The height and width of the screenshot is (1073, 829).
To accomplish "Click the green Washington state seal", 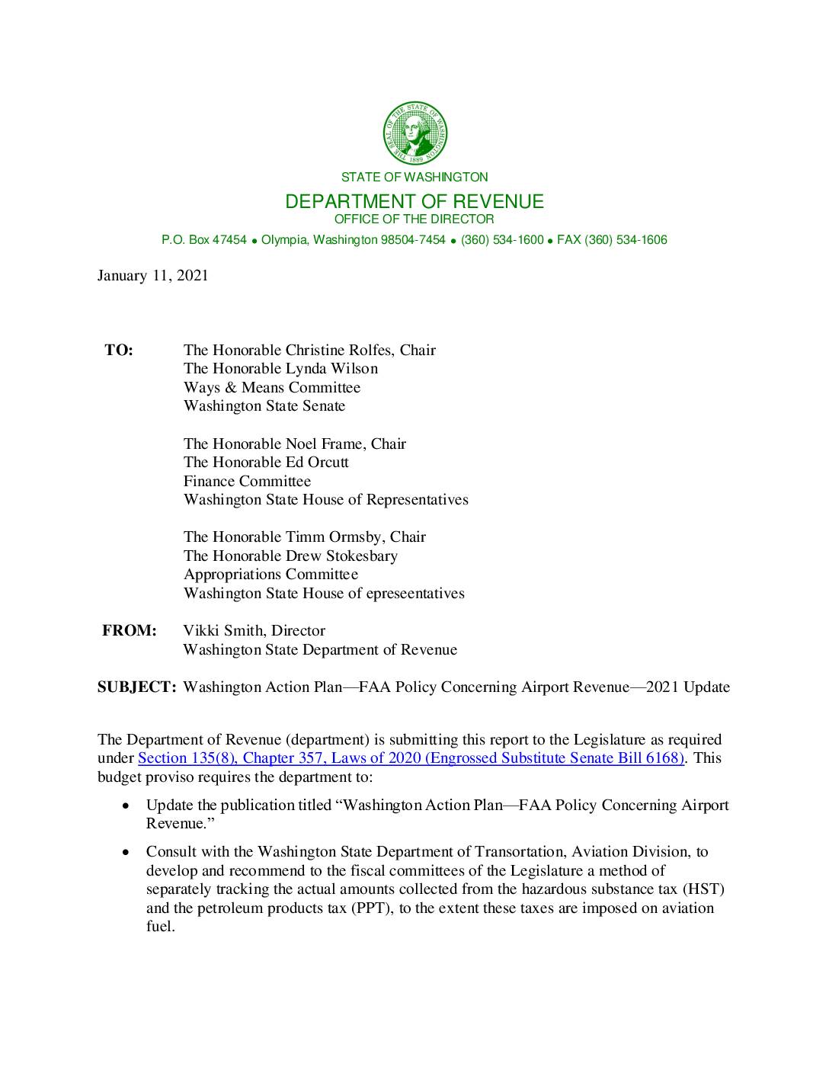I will tap(414, 134).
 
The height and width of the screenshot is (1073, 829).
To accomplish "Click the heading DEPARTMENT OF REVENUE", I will tap(414, 201).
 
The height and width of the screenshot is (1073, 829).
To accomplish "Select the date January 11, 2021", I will tap(152, 276).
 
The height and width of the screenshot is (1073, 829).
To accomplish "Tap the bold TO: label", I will tap(119, 351).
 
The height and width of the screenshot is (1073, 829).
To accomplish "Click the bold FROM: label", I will tap(130, 631).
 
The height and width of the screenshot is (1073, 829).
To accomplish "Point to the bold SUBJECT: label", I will tap(137, 687).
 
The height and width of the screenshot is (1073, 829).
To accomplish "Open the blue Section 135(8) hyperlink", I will tap(411, 758).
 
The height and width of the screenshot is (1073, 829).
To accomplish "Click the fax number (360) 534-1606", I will tap(626, 240).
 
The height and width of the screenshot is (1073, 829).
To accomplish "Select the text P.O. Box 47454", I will tap(203, 240).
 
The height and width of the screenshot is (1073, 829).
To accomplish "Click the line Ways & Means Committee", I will tap(272, 388).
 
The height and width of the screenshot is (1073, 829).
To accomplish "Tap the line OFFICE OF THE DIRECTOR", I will tap(414, 219).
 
